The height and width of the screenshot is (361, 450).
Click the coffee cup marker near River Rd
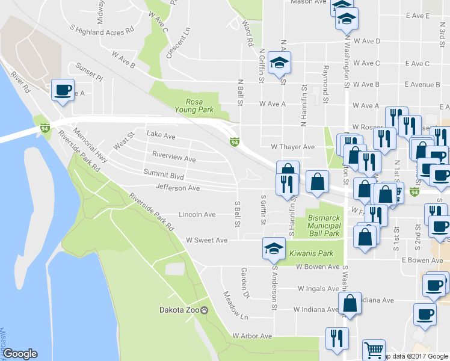[x=63, y=90]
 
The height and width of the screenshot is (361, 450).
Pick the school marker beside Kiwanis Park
[x=273, y=247]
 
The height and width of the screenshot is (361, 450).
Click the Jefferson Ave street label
[x=177, y=188]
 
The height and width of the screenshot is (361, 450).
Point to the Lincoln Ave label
[x=197, y=214]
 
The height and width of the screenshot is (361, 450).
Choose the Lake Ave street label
[x=161, y=137]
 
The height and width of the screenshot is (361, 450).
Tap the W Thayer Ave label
[x=292, y=147]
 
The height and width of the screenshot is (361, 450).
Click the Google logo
[x=20, y=354]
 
